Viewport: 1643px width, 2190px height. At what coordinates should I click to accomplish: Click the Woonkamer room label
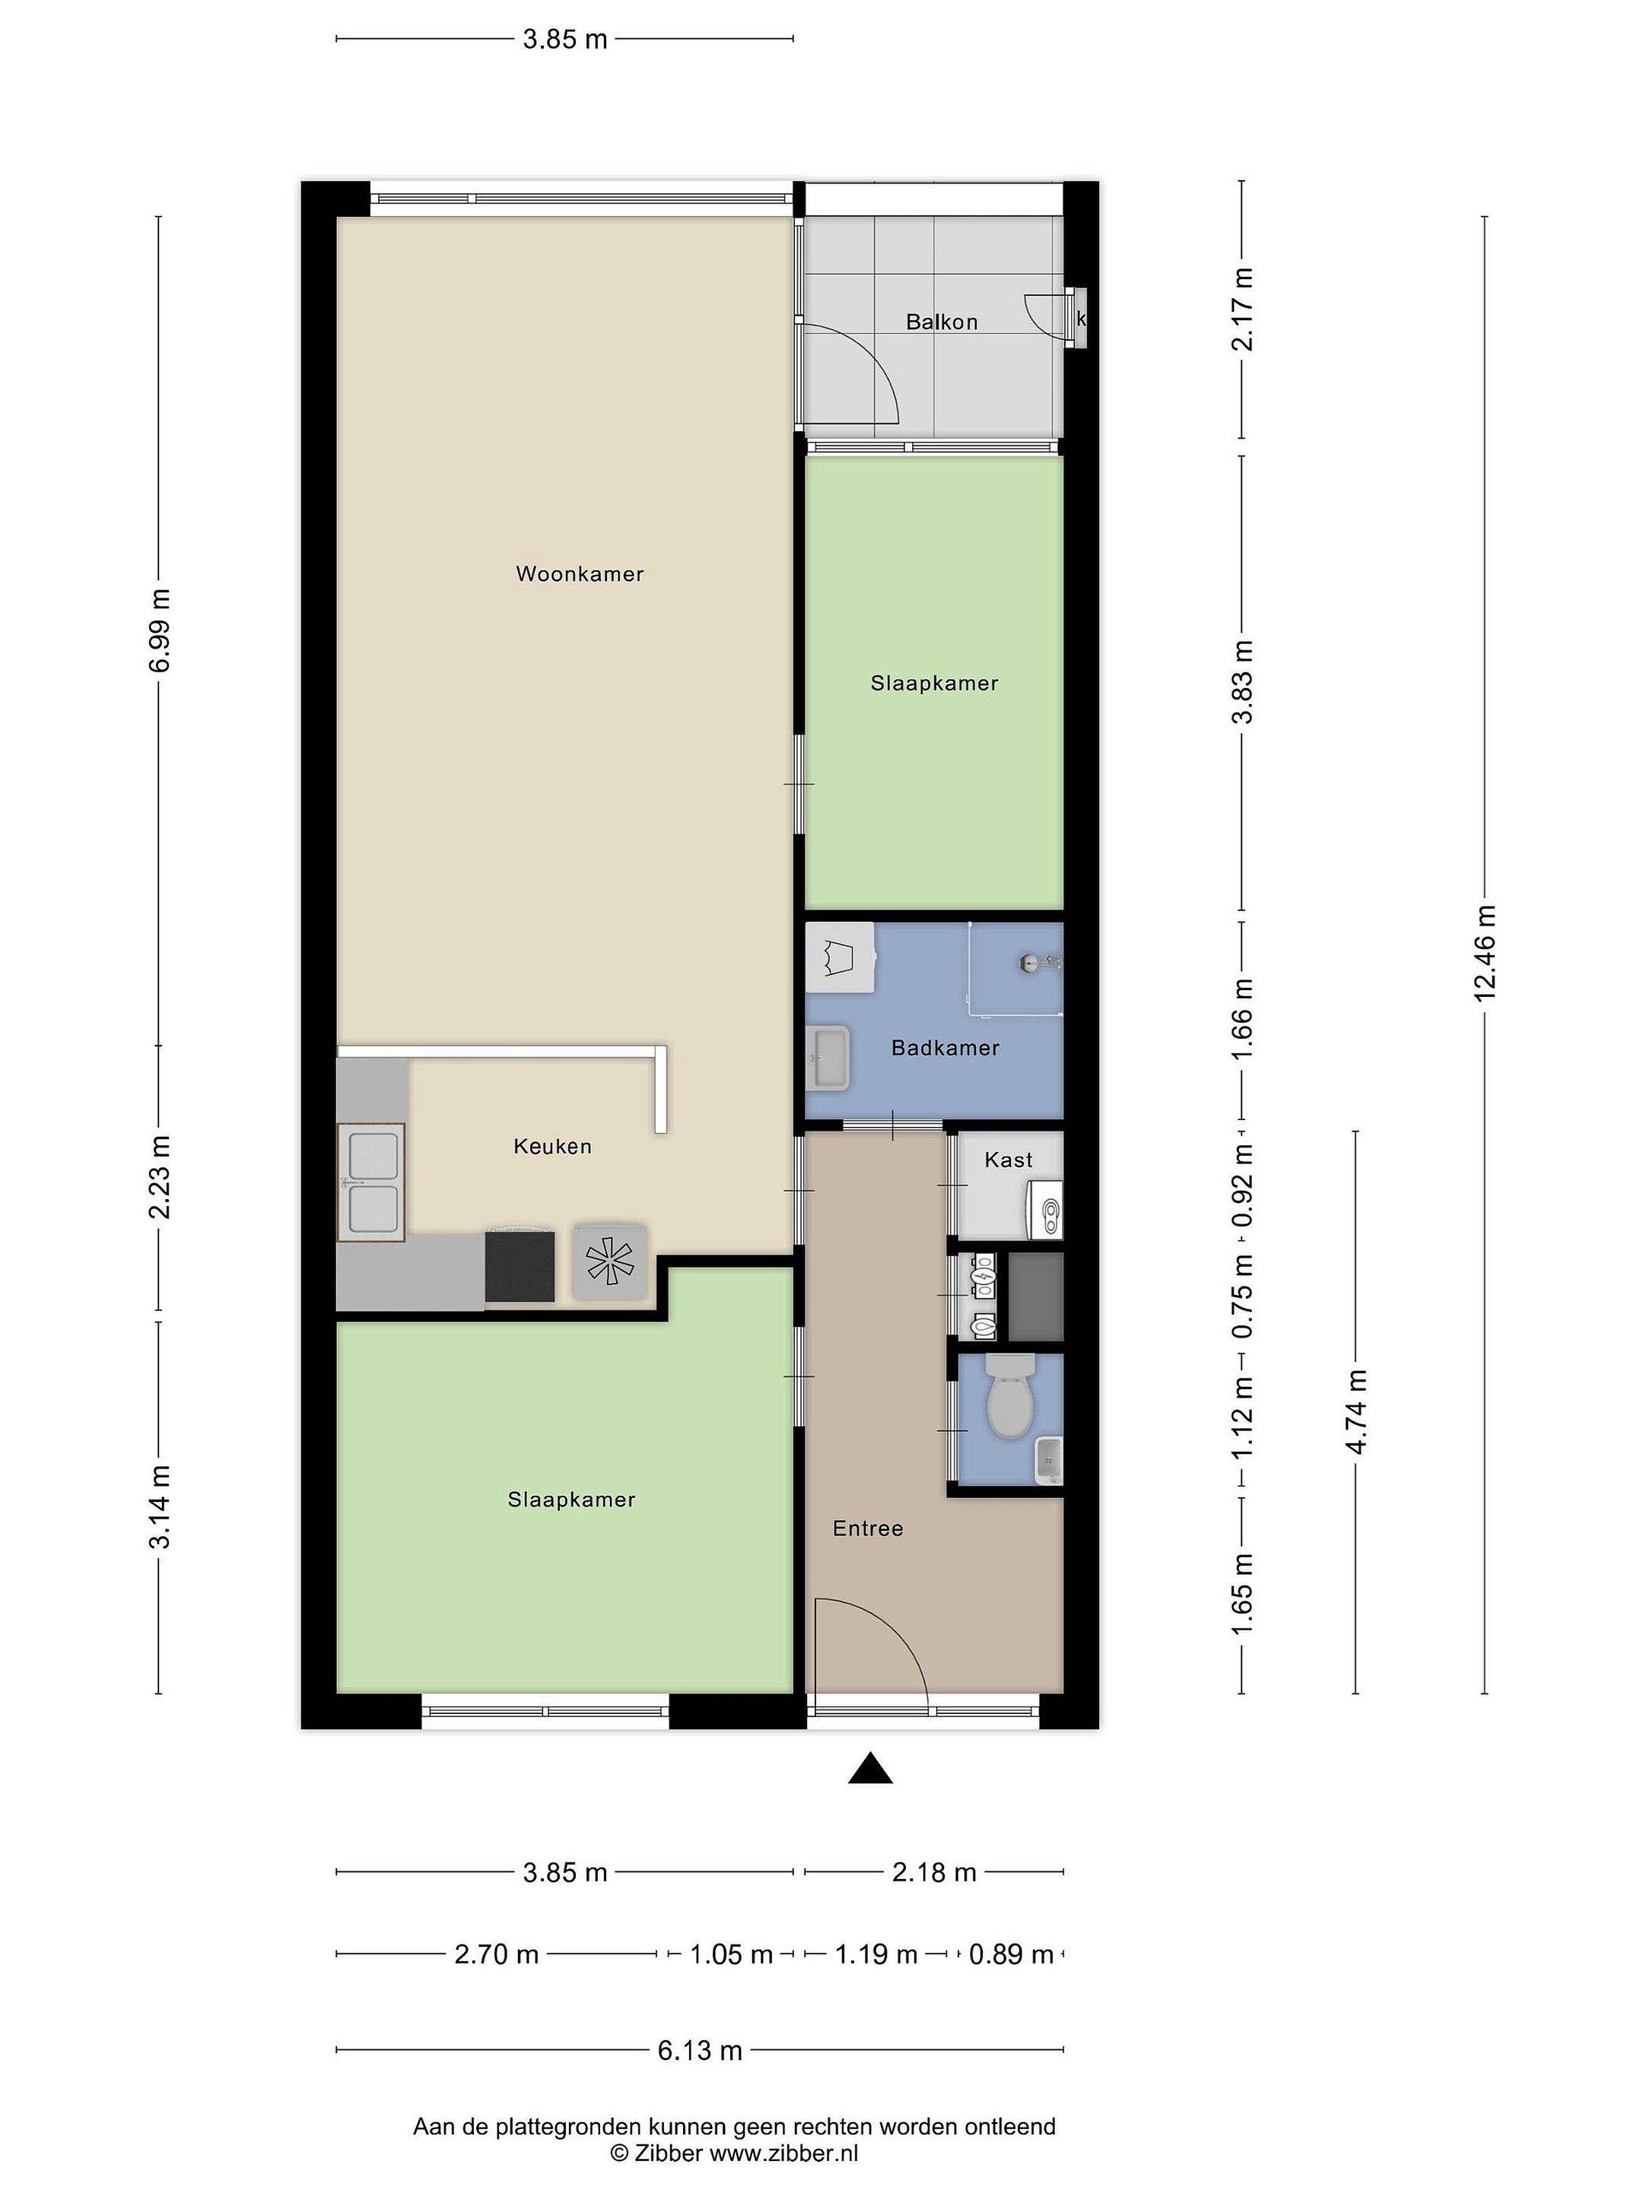[580, 574]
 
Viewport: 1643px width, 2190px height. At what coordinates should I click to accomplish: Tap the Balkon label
[942, 322]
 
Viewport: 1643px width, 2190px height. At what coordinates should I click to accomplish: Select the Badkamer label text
[945, 1048]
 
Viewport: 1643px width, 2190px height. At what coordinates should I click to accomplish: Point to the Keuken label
[553, 1147]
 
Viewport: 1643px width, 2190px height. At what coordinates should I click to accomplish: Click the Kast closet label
[1008, 1160]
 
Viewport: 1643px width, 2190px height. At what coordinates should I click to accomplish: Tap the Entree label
[868, 1528]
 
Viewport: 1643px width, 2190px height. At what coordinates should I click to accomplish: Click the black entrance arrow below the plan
[870, 1767]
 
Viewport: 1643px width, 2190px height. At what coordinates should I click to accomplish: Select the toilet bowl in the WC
[1010, 1397]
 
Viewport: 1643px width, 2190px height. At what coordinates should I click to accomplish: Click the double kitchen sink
[371, 1182]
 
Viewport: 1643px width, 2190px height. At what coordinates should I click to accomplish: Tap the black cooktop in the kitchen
[520, 1265]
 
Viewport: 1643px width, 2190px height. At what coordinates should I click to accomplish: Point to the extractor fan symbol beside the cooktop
[610, 1262]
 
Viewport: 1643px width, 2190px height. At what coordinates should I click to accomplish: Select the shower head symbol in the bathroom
[1036, 960]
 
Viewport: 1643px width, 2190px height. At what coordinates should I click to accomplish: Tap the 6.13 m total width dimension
[701, 2050]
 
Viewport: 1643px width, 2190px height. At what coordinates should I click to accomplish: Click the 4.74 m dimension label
[1355, 1413]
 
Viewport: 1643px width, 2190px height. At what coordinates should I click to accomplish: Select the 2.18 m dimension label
[934, 1872]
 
